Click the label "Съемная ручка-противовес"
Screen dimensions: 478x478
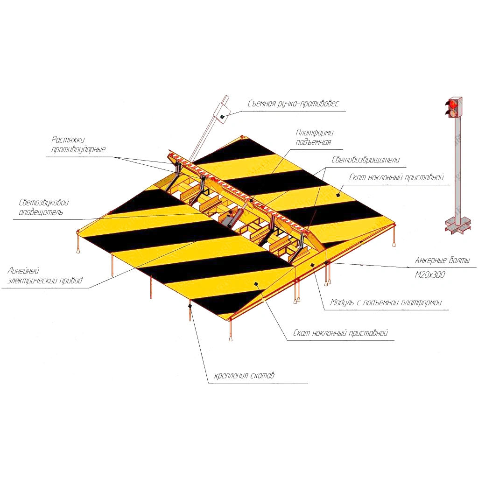pos(293,104)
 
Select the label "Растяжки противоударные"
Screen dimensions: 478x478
pos(78,145)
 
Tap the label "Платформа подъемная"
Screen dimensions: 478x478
pos(314,137)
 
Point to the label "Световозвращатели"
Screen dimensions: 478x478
pos(366,160)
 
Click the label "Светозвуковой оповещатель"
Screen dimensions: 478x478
pos(43,207)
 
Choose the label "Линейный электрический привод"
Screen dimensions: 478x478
pos(45,275)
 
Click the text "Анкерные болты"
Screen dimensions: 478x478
pos(443,260)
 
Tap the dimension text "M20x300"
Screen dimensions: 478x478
pos(429,275)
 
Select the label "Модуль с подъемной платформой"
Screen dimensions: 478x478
pos(386,302)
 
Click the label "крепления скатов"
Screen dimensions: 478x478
pos(244,375)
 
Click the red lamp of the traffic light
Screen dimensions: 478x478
pos(452,104)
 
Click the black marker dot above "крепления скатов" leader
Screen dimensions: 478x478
pos(190,306)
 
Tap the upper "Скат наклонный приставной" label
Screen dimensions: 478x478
pos(396,177)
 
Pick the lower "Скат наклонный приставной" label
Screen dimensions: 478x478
pos(340,332)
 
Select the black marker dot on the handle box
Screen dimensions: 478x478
pos(222,116)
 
